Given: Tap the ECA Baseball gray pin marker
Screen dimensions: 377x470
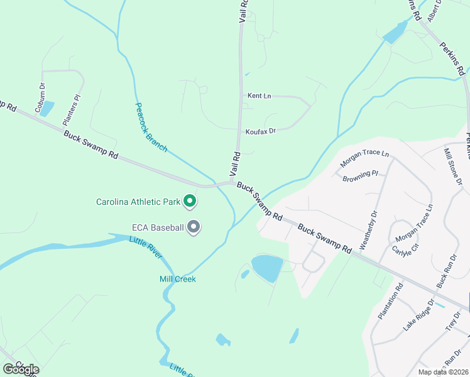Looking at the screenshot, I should click(x=194, y=227).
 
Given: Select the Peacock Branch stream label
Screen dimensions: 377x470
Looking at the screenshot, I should click(x=151, y=127).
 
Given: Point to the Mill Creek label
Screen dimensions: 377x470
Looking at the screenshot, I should click(x=177, y=278).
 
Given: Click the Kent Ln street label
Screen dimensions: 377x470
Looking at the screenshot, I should click(x=259, y=96).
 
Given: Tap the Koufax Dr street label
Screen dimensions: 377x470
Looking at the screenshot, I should click(x=261, y=131).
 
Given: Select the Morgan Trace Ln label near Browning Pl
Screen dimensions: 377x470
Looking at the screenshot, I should click(x=364, y=158).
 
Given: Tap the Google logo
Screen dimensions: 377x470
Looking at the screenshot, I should click(x=21, y=369).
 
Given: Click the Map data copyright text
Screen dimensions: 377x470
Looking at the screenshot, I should click(x=442, y=372).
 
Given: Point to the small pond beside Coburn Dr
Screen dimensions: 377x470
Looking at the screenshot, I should click(x=46, y=109).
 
